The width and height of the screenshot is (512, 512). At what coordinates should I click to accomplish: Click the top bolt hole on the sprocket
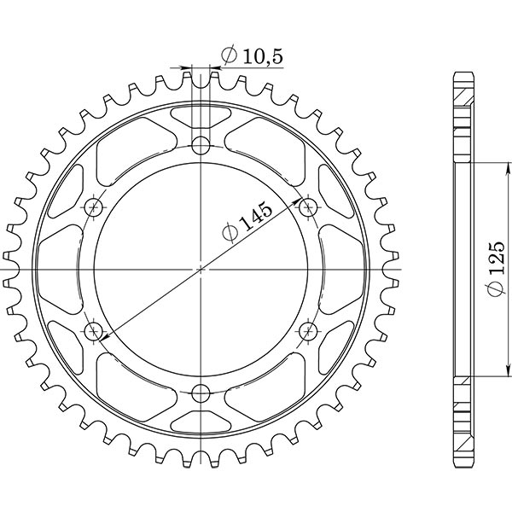tap(201, 143)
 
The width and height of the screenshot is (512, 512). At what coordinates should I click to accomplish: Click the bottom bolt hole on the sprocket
tap(201, 393)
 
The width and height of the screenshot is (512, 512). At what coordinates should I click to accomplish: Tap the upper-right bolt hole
tap(308, 206)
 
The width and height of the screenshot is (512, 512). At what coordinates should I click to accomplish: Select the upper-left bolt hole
tap(93, 207)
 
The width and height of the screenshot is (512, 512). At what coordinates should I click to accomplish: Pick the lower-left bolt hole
tap(93, 330)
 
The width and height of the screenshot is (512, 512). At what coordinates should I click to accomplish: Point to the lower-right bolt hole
tap(308, 330)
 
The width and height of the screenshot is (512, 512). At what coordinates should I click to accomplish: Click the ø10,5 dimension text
tap(251, 56)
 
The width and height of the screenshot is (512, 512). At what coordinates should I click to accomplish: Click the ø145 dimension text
tap(247, 224)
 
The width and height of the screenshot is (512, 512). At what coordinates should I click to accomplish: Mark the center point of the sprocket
tap(201, 269)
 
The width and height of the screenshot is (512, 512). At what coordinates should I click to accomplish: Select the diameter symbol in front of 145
tap(230, 234)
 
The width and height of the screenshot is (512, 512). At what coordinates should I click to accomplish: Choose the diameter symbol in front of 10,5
tap(228, 56)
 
